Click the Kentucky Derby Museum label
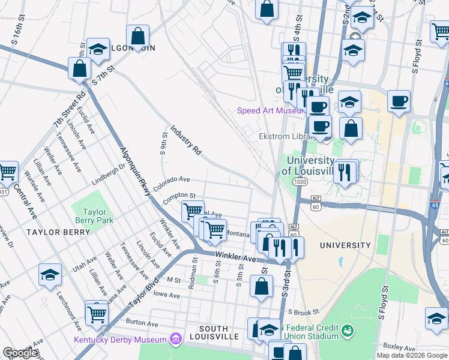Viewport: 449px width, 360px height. click(x=120, y=340)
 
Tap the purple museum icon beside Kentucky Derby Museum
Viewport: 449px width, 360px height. click(x=175, y=340)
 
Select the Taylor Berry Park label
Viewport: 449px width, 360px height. click(x=94, y=216)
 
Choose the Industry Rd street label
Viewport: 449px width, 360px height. click(x=185, y=140)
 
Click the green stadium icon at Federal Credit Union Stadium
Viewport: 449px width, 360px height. click(x=347, y=331)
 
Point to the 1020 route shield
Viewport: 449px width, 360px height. click(x=301, y=181)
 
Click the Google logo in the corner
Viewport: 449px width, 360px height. click(x=21, y=353)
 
